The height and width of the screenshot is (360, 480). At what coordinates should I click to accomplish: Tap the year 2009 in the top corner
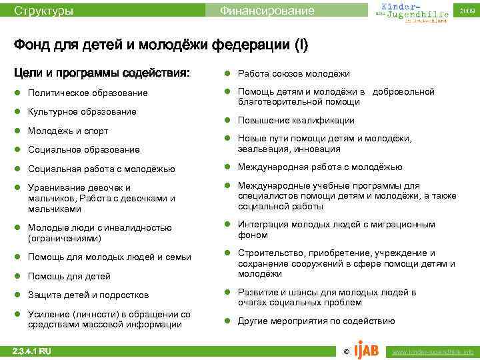467,11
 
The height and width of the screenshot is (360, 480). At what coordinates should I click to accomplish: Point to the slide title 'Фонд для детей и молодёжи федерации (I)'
161,45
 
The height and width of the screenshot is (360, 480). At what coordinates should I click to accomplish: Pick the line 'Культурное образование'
82,111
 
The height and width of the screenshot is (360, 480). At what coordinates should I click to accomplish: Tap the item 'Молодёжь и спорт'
68,131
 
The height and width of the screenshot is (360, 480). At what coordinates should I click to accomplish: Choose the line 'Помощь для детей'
69,276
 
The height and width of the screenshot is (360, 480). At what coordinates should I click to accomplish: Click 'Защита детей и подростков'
89,295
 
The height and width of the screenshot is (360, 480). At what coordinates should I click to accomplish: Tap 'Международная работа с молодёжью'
320,167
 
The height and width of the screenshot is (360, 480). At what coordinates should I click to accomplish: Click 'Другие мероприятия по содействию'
317,321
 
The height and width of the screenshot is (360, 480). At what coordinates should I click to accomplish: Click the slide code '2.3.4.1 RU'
32,351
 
